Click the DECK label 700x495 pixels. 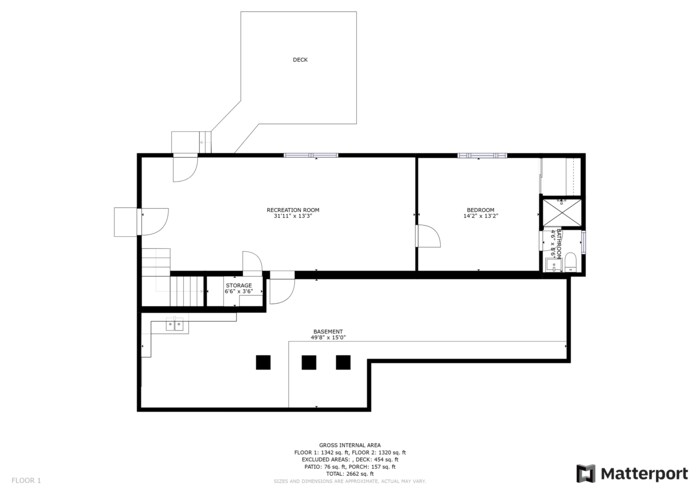coord(300,60)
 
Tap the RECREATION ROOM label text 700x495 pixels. coord(291,210)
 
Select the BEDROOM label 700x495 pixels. coord(480,210)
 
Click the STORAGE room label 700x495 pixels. coord(238,286)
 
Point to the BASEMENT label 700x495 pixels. coord(328,332)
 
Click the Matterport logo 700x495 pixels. coord(632,473)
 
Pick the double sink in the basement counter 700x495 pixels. coord(175,325)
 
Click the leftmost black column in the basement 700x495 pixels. coord(264,362)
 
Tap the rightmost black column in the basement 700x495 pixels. coord(343,362)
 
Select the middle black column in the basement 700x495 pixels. coord(311,362)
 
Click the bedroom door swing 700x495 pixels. coord(427,237)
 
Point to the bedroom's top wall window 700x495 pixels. coord(477,155)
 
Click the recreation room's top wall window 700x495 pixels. coord(311,155)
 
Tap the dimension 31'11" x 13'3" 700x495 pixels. coord(291,216)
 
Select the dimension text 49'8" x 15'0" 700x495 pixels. coord(328,338)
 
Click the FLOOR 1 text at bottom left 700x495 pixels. coord(26,481)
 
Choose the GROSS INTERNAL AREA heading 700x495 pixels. coord(349,444)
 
